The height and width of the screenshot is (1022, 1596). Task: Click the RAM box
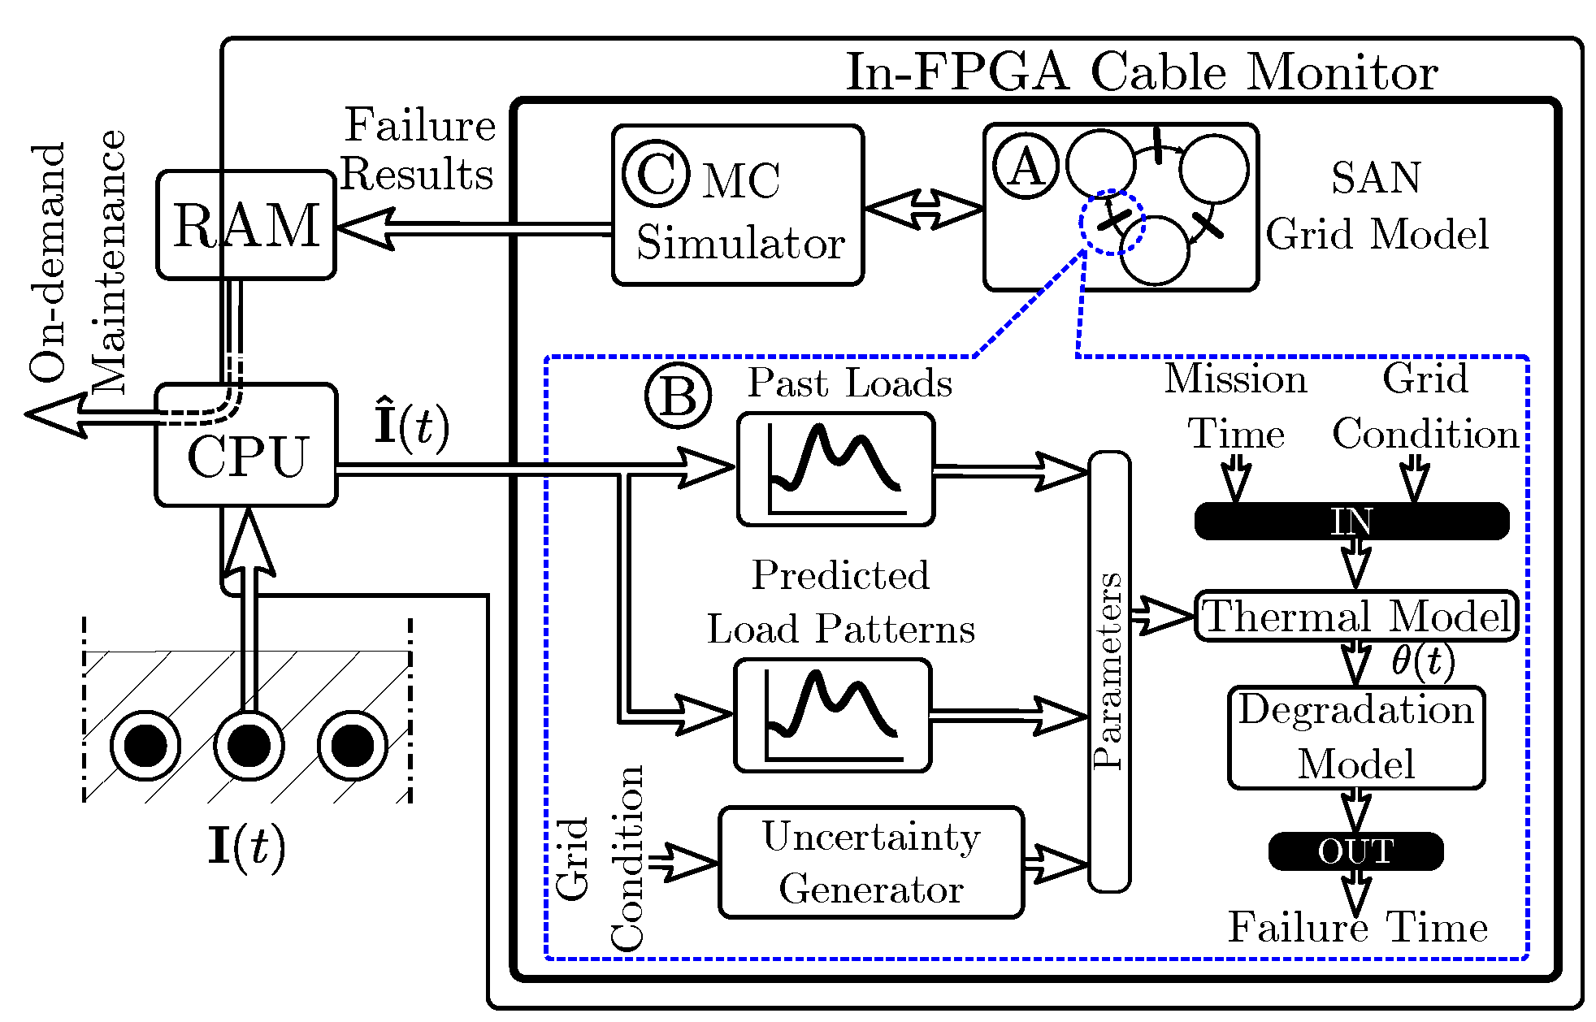tap(246, 225)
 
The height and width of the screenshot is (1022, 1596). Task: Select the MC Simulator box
tap(738, 206)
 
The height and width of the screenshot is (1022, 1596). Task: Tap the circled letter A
tap(1026, 167)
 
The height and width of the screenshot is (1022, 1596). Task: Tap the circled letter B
tap(678, 396)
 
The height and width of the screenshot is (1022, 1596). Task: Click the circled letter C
tap(655, 173)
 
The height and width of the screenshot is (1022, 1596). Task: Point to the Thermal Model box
tap(1356, 616)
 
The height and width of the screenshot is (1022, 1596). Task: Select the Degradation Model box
tap(1356, 738)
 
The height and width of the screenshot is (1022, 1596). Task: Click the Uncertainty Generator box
tap(871, 863)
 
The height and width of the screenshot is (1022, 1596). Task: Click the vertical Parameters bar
tap(1109, 671)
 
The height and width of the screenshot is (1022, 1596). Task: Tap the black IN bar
tap(1351, 521)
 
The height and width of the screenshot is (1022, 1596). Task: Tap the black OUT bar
tap(1355, 851)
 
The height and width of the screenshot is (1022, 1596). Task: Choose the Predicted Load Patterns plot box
tap(833, 716)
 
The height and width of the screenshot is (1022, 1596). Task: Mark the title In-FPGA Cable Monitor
tap(1142, 72)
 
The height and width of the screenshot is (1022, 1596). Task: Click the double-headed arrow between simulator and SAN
tap(924, 209)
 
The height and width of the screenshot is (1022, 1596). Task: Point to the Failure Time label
tap(1357, 928)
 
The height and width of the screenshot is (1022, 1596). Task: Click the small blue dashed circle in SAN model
tap(1112, 223)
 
